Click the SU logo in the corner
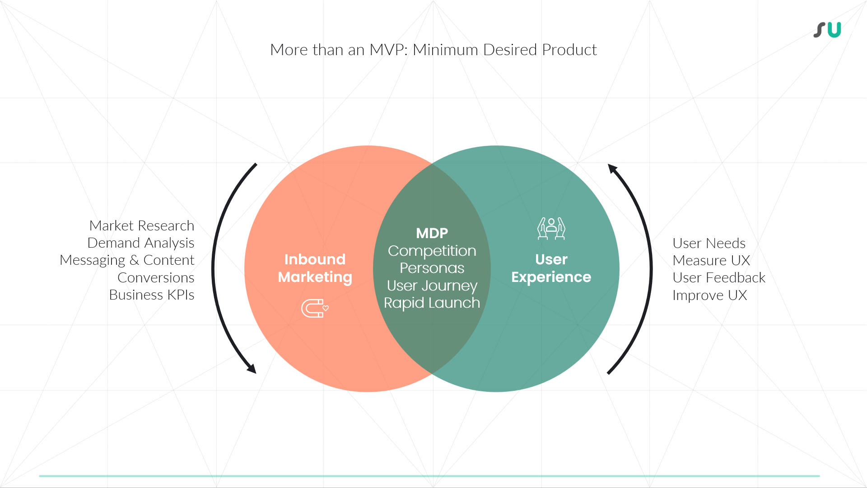point(827,30)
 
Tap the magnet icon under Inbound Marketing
point(315,308)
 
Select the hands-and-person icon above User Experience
point(551,228)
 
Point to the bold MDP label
point(432,233)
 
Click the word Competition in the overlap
point(432,251)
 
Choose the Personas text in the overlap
point(432,268)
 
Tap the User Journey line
point(432,286)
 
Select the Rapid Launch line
point(432,303)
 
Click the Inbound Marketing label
point(315,268)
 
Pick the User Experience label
point(551,268)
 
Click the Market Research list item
point(142,225)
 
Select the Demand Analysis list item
point(141,243)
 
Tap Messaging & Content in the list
point(127,260)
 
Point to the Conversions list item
point(156,277)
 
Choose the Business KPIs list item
point(152,295)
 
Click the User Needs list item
point(709,243)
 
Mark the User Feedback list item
point(719,277)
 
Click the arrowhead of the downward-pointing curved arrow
point(252,368)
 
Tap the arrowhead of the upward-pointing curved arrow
point(613,169)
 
